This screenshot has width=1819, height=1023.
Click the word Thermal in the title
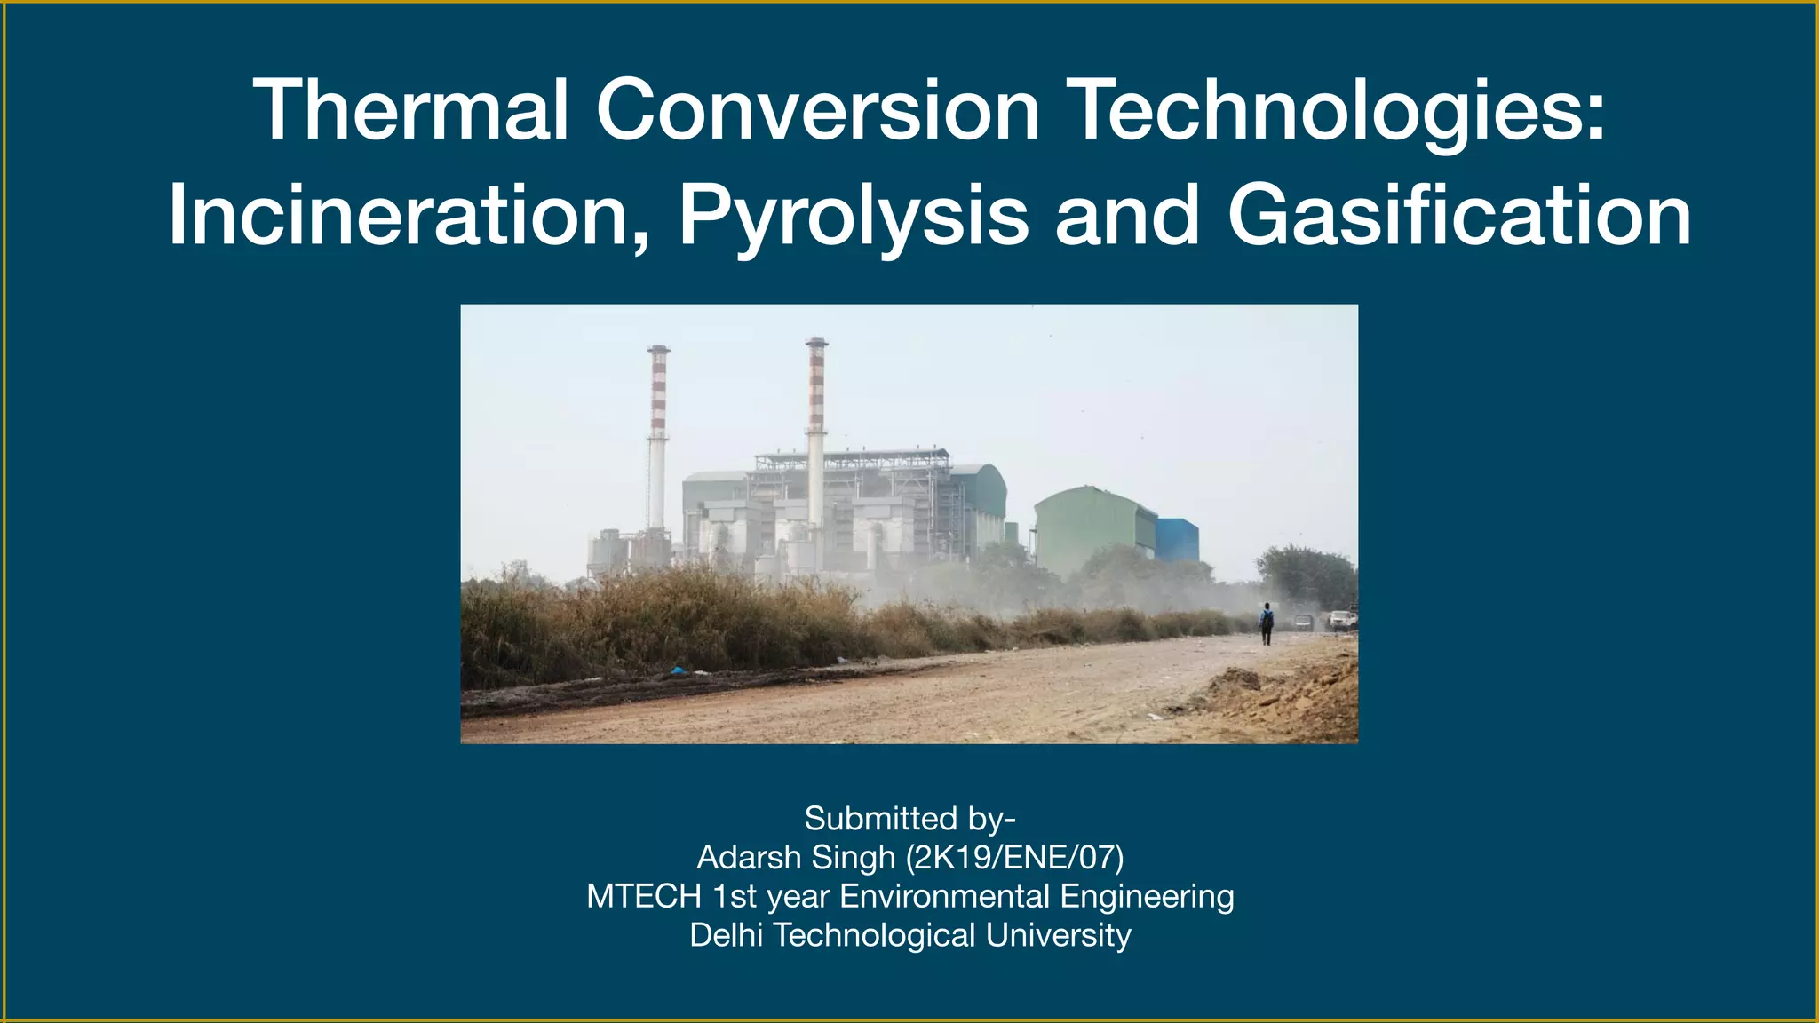click(410, 110)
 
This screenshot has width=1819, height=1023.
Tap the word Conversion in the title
click(817, 110)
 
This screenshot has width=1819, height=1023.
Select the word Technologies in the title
click(1339, 112)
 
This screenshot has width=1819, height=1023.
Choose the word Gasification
click(1459, 216)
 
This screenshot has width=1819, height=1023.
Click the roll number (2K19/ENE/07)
click(1014, 858)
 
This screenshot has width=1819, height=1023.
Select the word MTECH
click(644, 897)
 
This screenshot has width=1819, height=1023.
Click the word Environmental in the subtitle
click(945, 897)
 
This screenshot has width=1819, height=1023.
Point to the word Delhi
click(727, 936)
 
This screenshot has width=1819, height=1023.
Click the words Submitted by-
click(909, 819)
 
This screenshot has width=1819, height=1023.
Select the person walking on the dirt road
click(1267, 623)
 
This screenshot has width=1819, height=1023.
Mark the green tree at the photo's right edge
click(1310, 577)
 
